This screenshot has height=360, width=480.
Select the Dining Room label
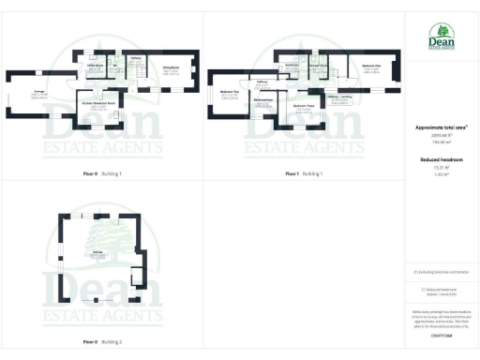click(x=171, y=68)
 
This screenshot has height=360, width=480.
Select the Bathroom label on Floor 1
click(x=292, y=66)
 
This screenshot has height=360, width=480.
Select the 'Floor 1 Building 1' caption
click(x=304, y=174)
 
